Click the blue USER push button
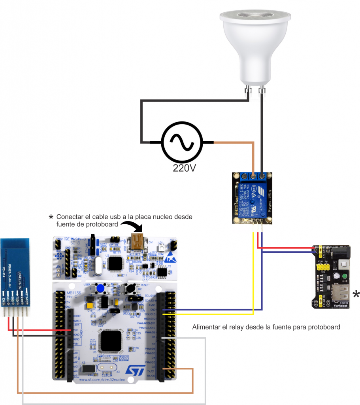[101, 289]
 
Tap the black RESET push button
[129, 289]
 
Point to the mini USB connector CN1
[138, 241]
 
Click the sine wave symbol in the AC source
[183, 142]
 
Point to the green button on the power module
[345, 276]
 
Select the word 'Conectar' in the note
[70, 217]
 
